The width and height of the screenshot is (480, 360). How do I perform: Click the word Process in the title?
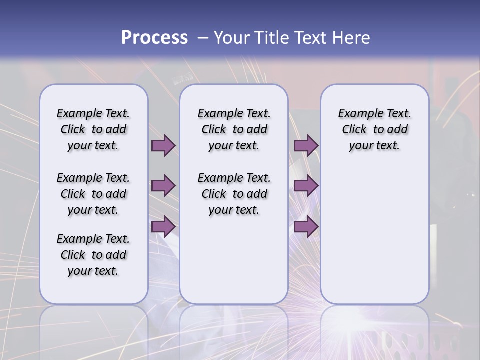pos(154,38)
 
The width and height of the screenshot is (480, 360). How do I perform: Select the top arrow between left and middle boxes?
pos(163,145)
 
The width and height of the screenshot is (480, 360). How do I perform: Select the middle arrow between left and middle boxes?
pos(163,186)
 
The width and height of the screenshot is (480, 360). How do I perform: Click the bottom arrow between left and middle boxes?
pos(163,226)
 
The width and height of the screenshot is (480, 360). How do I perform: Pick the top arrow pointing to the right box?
pos(306,145)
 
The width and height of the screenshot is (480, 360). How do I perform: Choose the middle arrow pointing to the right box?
pos(306,186)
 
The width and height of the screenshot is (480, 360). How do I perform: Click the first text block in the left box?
pos(93,129)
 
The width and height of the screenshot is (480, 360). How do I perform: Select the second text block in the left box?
pos(93,194)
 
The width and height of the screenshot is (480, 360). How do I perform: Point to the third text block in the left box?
pos(93,255)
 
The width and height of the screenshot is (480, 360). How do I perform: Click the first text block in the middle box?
pos(234,129)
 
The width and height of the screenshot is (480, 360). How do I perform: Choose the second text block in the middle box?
pos(234,194)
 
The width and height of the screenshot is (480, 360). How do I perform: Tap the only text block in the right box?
pos(374,129)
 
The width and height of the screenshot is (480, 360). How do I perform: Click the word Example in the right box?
pos(357,114)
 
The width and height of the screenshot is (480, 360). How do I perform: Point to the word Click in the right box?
pos(354,130)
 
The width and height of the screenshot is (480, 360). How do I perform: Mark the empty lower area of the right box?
pos(374,230)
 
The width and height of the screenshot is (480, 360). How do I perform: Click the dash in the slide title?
pos(203,38)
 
